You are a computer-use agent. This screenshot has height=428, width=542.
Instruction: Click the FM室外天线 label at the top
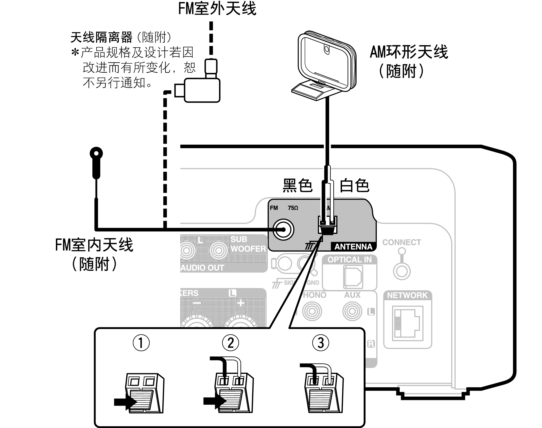(x=217, y=8)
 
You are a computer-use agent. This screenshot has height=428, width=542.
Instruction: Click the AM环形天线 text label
(x=409, y=52)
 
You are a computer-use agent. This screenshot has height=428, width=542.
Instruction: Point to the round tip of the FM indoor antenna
(x=96, y=153)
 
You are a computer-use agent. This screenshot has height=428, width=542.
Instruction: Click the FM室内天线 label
(x=94, y=245)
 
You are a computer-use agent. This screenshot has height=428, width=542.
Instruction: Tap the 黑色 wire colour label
(x=297, y=186)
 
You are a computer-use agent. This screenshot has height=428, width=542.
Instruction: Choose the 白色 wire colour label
(x=354, y=186)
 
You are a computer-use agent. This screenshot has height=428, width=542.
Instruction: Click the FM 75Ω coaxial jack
(x=284, y=230)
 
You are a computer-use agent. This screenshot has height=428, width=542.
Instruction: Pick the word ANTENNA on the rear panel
(x=353, y=247)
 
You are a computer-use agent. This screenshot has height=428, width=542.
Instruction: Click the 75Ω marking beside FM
(x=293, y=208)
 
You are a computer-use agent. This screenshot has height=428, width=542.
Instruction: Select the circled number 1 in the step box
(x=141, y=343)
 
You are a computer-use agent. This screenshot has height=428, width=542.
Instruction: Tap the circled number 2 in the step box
(x=231, y=343)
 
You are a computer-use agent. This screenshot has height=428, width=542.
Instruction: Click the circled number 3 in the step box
(x=321, y=343)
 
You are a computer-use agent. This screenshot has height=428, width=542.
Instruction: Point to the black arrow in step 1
(x=125, y=402)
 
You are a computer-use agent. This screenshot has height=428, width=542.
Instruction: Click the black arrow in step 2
(x=215, y=401)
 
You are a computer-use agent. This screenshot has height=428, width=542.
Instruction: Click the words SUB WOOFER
(x=248, y=244)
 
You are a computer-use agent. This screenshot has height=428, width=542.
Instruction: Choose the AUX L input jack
(x=352, y=311)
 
